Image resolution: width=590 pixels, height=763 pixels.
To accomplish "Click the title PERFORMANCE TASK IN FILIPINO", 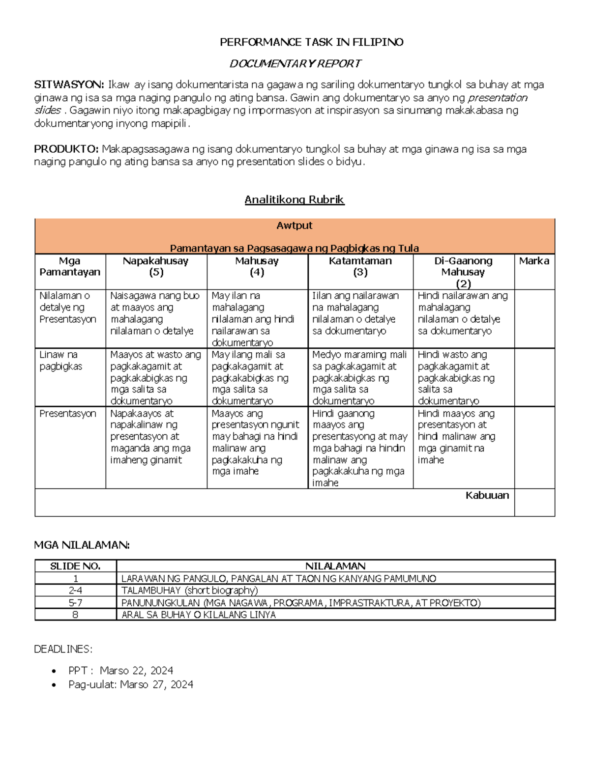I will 311,42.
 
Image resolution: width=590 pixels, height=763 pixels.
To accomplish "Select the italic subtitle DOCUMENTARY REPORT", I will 295,63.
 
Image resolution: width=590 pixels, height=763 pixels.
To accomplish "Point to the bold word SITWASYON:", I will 68,85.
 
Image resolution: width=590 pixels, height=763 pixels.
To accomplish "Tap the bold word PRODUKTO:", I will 66,149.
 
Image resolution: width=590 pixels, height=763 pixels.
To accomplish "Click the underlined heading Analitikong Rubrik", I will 294,199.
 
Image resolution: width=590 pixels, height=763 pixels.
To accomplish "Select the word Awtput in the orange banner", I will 294,226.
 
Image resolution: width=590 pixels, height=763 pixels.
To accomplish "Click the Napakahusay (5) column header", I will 156,266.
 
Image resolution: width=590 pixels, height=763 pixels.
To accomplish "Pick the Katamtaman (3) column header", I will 360,266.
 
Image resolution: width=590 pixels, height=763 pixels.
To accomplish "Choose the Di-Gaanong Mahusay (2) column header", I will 463,272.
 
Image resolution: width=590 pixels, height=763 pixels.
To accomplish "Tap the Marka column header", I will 534,261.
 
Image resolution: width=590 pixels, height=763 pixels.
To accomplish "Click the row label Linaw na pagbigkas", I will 61,360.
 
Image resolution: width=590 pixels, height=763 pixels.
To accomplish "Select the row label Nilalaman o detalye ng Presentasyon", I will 68,308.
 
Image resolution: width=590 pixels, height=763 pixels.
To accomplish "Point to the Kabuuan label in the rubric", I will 487,495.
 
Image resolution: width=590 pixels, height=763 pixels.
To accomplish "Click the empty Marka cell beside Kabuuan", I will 534,502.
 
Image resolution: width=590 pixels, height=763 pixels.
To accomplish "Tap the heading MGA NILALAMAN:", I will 82,545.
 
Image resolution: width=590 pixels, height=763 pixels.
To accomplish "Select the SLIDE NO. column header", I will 75,566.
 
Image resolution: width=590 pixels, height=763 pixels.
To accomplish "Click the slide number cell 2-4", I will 75,591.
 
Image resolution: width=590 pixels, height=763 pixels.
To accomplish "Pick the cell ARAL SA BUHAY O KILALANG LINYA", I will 198,615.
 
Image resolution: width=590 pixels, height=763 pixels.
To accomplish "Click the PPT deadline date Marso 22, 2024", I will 136,671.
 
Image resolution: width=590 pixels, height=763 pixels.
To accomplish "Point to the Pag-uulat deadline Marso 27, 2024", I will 156,684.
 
